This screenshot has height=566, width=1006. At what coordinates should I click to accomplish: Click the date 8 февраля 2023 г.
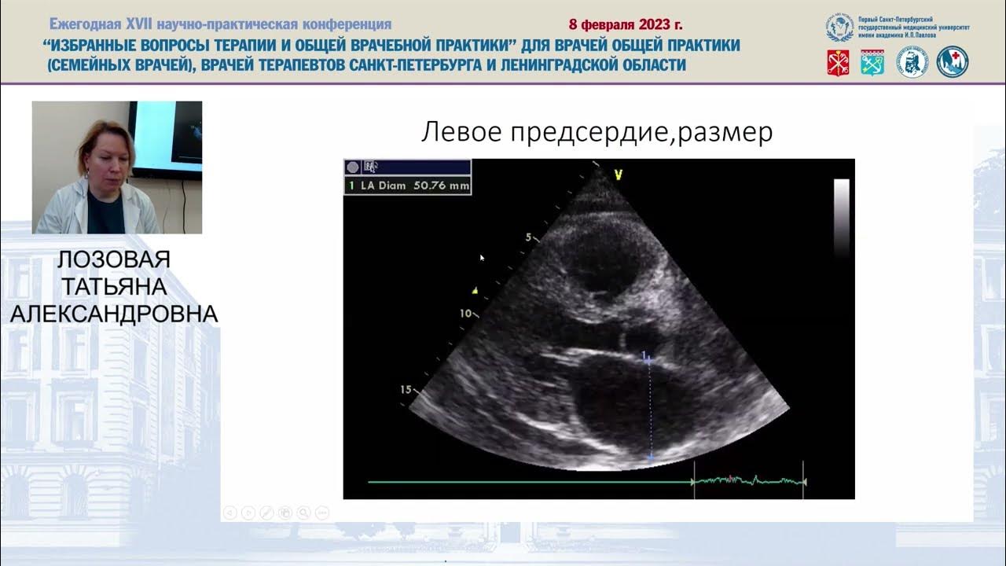click(626, 24)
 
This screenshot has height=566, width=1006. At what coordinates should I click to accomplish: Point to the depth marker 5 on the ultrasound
click(529, 236)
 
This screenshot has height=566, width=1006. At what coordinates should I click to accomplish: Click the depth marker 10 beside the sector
click(465, 313)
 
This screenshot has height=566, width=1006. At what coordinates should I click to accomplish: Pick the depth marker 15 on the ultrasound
click(406, 389)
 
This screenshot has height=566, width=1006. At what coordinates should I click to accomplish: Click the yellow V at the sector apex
click(619, 175)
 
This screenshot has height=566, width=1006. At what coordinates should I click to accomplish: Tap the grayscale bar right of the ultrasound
click(841, 218)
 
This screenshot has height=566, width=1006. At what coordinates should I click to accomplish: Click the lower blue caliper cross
click(650, 455)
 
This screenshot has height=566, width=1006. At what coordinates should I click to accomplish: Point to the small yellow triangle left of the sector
click(475, 290)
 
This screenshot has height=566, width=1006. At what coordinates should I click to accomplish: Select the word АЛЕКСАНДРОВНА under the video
click(113, 314)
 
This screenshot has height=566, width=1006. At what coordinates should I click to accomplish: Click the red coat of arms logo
click(838, 62)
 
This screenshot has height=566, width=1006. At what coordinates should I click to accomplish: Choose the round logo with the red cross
click(953, 62)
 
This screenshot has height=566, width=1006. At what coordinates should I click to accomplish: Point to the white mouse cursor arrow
click(482, 257)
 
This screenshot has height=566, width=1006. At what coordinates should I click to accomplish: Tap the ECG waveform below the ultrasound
click(747, 480)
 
